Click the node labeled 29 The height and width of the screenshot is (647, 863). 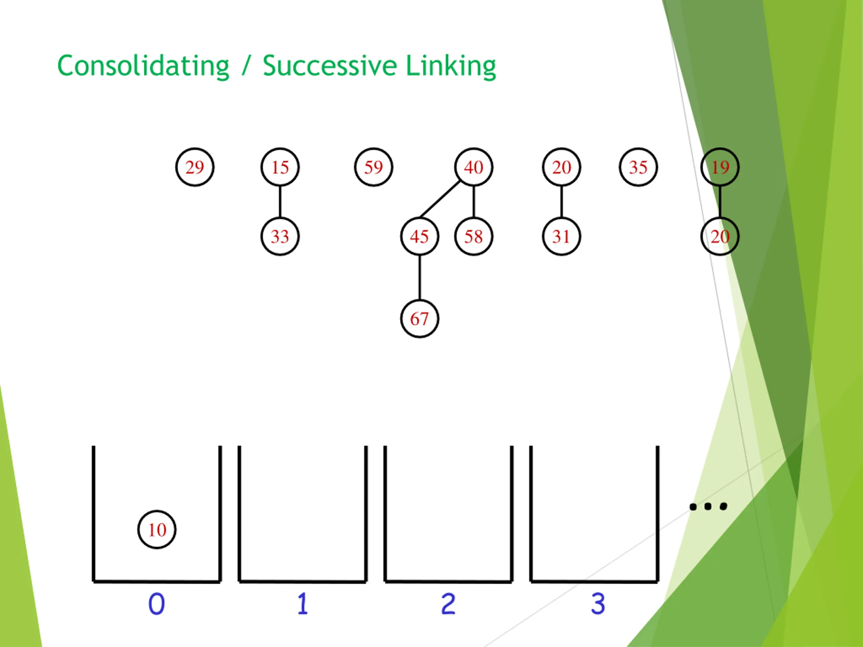click(x=195, y=167)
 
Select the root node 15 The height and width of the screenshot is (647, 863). click(x=280, y=167)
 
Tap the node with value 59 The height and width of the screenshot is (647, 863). click(x=374, y=167)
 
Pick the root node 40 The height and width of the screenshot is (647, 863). click(x=473, y=167)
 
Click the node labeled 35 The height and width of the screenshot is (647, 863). click(x=638, y=167)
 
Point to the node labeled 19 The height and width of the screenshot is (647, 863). click(x=720, y=167)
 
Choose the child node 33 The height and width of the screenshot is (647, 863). click(x=280, y=236)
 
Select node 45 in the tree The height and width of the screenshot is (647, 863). click(x=419, y=236)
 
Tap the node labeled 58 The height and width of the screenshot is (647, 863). click(x=473, y=236)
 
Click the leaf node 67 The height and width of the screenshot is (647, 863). click(x=419, y=319)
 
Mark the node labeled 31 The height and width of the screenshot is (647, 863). click(x=561, y=236)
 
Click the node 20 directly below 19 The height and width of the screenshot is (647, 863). click(x=720, y=236)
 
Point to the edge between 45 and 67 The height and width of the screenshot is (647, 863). click(x=419, y=277)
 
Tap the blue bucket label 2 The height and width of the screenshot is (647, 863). click(x=448, y=604)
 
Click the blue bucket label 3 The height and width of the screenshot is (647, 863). click(x=598, y=604)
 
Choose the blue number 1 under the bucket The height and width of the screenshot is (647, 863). click(x=303, y=604)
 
